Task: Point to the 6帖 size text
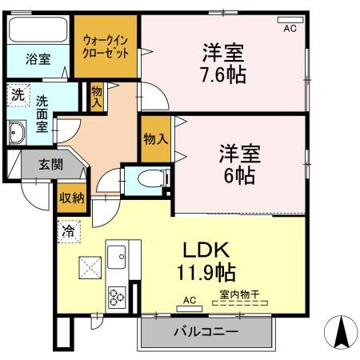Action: pos(238,175)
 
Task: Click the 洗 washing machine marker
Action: pos(17,95)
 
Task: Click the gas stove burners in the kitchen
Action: pos(116,295)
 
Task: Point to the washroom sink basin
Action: pos(16,132)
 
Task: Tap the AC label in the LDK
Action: pos(189,300)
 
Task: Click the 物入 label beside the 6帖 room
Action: pos(155,138)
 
